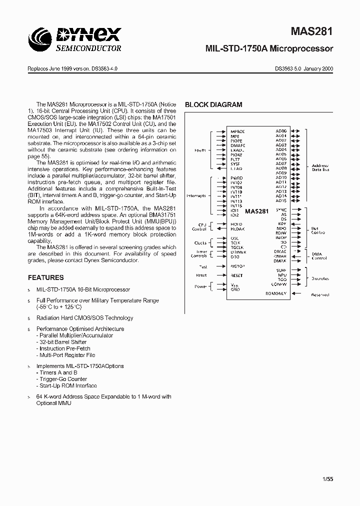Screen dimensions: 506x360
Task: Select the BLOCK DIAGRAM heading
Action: pos(213,105)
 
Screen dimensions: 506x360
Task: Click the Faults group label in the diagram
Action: pos(200,150)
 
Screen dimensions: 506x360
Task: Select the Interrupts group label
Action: pos(195,196)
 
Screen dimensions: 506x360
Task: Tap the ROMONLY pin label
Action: pos(276,293)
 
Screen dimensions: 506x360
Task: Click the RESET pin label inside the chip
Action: pos(236,275)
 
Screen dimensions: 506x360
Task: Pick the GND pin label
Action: pos(235,289)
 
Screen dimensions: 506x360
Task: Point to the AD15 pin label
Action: pos(281,201)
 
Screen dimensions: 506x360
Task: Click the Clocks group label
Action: pos(200,243)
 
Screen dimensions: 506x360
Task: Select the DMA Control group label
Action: pos(319,256)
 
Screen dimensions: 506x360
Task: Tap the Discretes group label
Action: pos(320,278)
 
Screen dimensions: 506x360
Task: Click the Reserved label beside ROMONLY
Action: pos(320,295)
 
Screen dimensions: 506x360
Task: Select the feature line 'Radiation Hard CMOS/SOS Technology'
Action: pos(84,318)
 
